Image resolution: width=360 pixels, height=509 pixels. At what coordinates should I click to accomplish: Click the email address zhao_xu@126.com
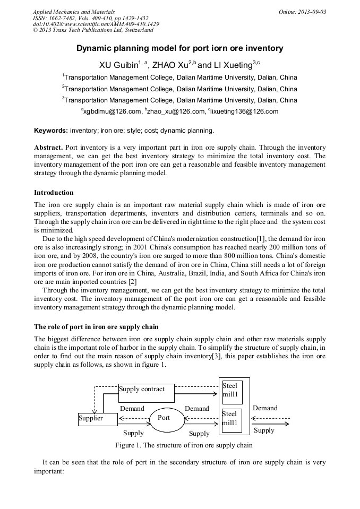[x=177, y=111]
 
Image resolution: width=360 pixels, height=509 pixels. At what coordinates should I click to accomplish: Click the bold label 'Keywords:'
[x=51, y=130]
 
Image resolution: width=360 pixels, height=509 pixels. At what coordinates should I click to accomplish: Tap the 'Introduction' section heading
[x=54, y=192]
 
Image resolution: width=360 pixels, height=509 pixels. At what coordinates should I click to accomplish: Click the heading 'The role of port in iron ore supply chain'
[x=96, y=326]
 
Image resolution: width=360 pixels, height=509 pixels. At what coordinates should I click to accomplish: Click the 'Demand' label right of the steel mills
[x=265, y=408]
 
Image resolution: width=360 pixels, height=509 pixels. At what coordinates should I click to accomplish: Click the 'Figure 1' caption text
[x=184, y=445]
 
